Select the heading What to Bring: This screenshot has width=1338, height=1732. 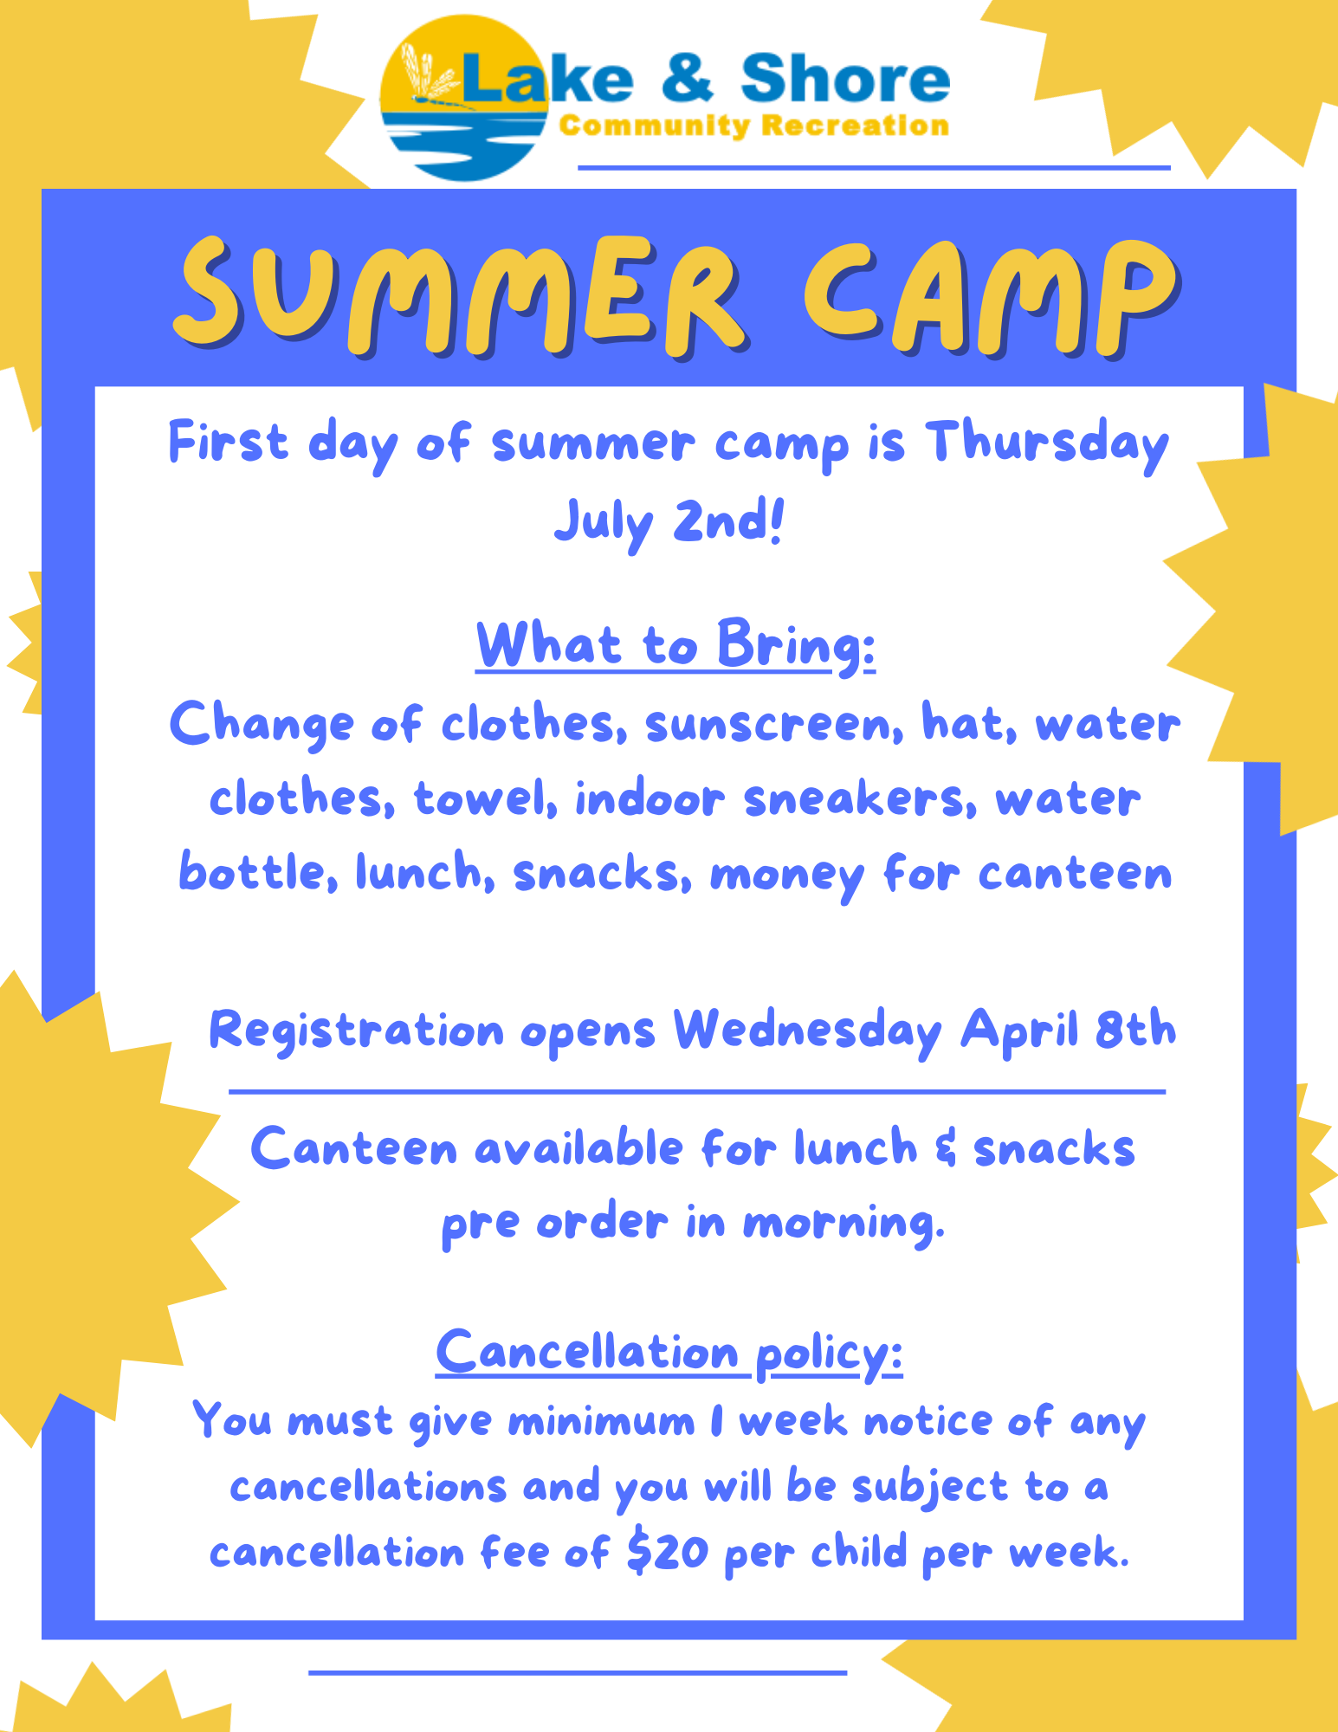(x=675, y=646)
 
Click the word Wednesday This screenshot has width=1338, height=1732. (x=808, y=1031)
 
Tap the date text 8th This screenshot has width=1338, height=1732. (x=1135, y=1029)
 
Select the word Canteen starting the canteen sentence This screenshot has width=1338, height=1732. (x=353, y=1148)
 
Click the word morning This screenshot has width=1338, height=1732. (x=844, y=1224)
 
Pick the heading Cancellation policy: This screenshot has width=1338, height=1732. (x=669, y=1353)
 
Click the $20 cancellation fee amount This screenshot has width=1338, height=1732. (x=668, y=1551)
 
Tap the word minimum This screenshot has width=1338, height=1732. (x=601, y=1421)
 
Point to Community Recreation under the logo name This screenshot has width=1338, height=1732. (x=754, y=126)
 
